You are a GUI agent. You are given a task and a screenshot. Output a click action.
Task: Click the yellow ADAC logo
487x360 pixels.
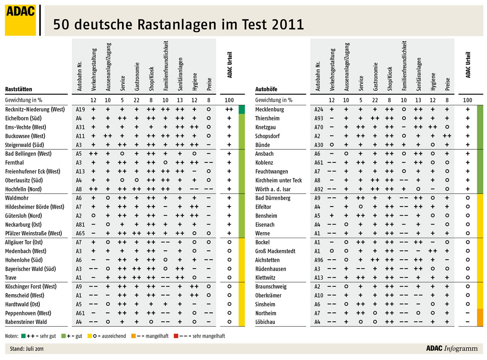coord(20,20)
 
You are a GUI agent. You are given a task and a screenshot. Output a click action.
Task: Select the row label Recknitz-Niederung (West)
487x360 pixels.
coord(35,110)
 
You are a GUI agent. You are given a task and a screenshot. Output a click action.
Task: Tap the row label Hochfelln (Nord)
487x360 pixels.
coord(23,189)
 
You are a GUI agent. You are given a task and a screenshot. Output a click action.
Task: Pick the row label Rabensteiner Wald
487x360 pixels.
coord(26,322)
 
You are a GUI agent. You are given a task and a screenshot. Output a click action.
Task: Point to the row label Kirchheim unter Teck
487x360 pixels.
coord(278,180)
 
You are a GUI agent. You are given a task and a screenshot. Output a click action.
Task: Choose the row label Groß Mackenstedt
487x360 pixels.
coord(275,251)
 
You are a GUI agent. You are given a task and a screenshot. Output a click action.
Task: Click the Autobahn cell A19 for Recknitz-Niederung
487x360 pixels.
coord(80,110)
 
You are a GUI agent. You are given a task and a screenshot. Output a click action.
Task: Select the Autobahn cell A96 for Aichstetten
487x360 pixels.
coord(319,260)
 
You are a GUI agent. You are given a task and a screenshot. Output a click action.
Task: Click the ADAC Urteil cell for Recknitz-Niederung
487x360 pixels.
coord(229,110)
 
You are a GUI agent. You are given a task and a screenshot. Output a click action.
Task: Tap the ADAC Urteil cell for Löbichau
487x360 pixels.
coord(468,322)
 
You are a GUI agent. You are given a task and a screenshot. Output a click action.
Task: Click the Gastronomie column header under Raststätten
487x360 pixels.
coord(137,76)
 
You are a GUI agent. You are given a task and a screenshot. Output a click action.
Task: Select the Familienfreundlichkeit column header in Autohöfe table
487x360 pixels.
coord(404,66)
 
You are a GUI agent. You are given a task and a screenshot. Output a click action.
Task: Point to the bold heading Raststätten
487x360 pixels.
coord(19,89)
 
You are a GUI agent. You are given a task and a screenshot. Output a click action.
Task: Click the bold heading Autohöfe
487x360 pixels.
coord(266,89)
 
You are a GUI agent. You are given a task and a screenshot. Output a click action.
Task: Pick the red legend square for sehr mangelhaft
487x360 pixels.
coord(176,336)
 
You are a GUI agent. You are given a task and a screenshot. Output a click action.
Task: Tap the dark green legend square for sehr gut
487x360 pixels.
coord(23,336)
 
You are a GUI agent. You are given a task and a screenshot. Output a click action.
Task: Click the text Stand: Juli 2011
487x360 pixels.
coord(26,349)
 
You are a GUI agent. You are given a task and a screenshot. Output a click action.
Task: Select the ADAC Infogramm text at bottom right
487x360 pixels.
coord(452,348)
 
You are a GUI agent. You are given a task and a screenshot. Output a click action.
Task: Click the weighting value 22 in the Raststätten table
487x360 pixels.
coord(136,100)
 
